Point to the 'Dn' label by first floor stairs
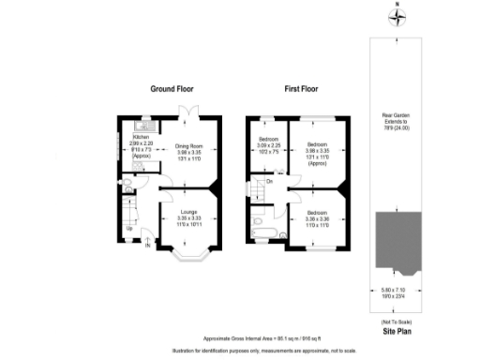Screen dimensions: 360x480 point(269,181)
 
